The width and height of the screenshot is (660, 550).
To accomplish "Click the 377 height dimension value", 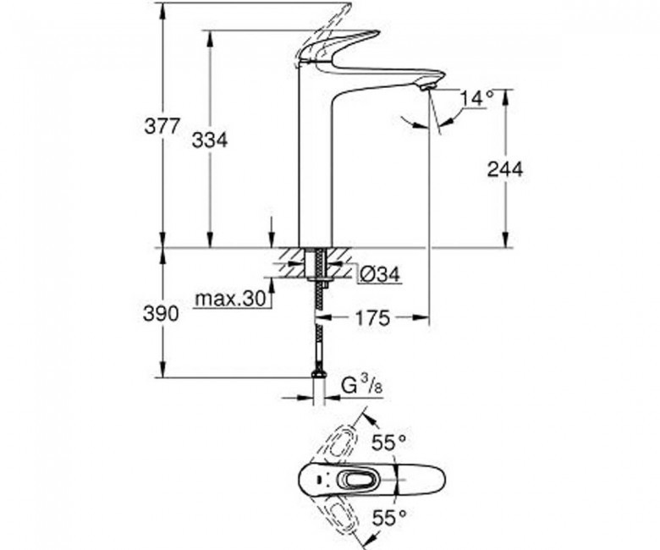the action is point(162,126).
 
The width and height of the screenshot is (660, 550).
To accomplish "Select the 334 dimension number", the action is point(210,140).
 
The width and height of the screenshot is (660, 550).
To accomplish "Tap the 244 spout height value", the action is point(504,169).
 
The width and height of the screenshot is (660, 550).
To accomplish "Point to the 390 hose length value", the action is point(161,314).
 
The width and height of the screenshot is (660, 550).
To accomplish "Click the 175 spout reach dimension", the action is point(373,318).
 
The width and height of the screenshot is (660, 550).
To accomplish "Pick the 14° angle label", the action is point(477,98).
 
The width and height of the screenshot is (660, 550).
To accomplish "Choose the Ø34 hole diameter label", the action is point(379,275).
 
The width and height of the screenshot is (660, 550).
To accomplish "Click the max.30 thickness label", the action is point(231,299).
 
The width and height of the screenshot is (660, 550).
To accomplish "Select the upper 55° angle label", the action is point(389,442).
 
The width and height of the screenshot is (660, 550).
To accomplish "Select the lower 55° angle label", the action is point(389,517).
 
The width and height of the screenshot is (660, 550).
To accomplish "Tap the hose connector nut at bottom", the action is point(320,374).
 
